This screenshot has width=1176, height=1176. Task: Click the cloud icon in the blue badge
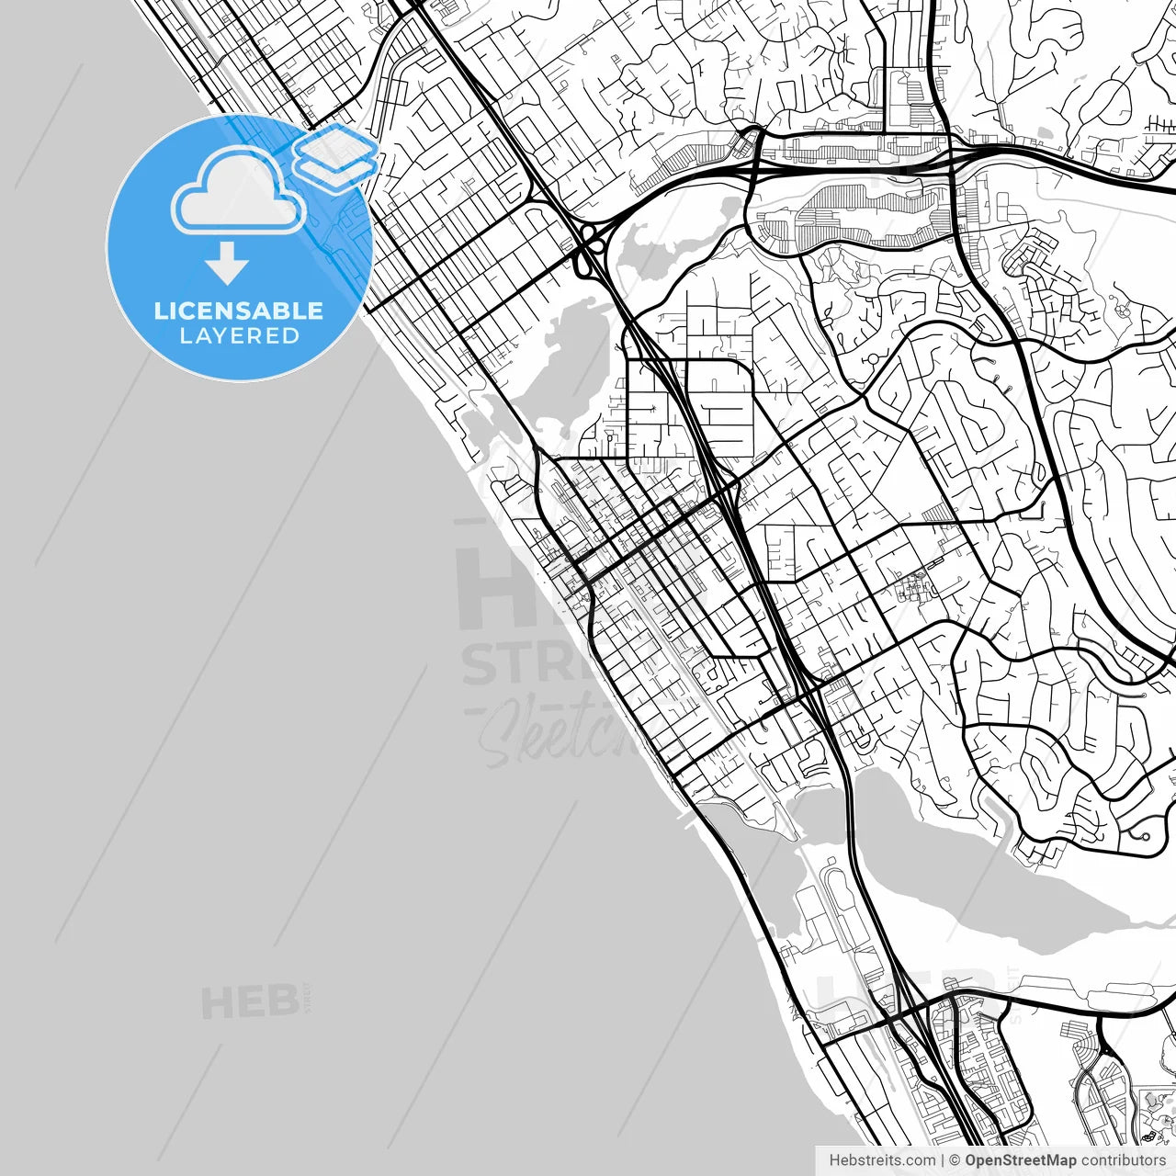click(x=238, y=191)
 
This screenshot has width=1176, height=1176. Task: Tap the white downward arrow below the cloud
click(x=227, y=264)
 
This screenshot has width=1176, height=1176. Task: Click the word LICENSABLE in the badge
click(x=239, y=311)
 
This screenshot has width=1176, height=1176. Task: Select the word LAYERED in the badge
click(x=239, y=336)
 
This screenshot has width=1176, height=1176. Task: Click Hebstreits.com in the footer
click(x=882, y=1160)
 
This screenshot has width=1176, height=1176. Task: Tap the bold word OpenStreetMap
click(x=1021, y=1160)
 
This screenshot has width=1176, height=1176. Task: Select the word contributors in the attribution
click(x=1124, y=1160)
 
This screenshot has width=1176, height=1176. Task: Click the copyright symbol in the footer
click(x=955, y=1160)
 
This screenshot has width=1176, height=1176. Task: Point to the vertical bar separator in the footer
click(x=943, y=1160)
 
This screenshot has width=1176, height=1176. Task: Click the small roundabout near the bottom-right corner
click(x=1145, y=837)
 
